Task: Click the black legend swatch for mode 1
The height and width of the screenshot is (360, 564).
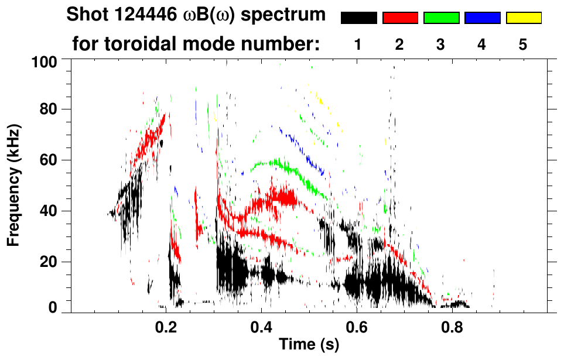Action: coord(358,18)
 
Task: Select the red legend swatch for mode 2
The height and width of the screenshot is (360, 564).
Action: coord(400,18)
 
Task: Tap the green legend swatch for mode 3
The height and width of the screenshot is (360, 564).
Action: coord(441,18)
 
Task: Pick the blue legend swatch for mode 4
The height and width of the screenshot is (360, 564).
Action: coord(482,18)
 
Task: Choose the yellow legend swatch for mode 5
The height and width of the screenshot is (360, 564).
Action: coord(524,18)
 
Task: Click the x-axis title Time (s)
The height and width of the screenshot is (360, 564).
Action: coord(309,345)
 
